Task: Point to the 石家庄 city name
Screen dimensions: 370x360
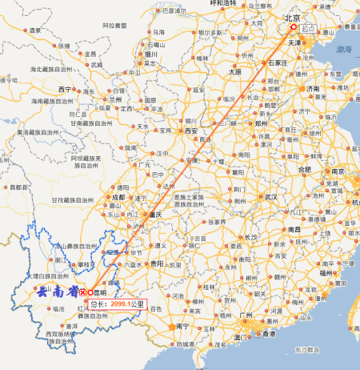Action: tap(277, 61)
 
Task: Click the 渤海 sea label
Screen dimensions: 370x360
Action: tap(344, 49)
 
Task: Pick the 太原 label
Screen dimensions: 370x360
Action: tap(234, 71)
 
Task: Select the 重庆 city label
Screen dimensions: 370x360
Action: tap(154, 215)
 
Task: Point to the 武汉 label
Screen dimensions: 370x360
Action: tap(270, 196)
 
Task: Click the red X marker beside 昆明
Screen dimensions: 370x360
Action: tap(83, 292)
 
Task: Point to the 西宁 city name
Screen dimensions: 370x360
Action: tap(66, 88)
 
